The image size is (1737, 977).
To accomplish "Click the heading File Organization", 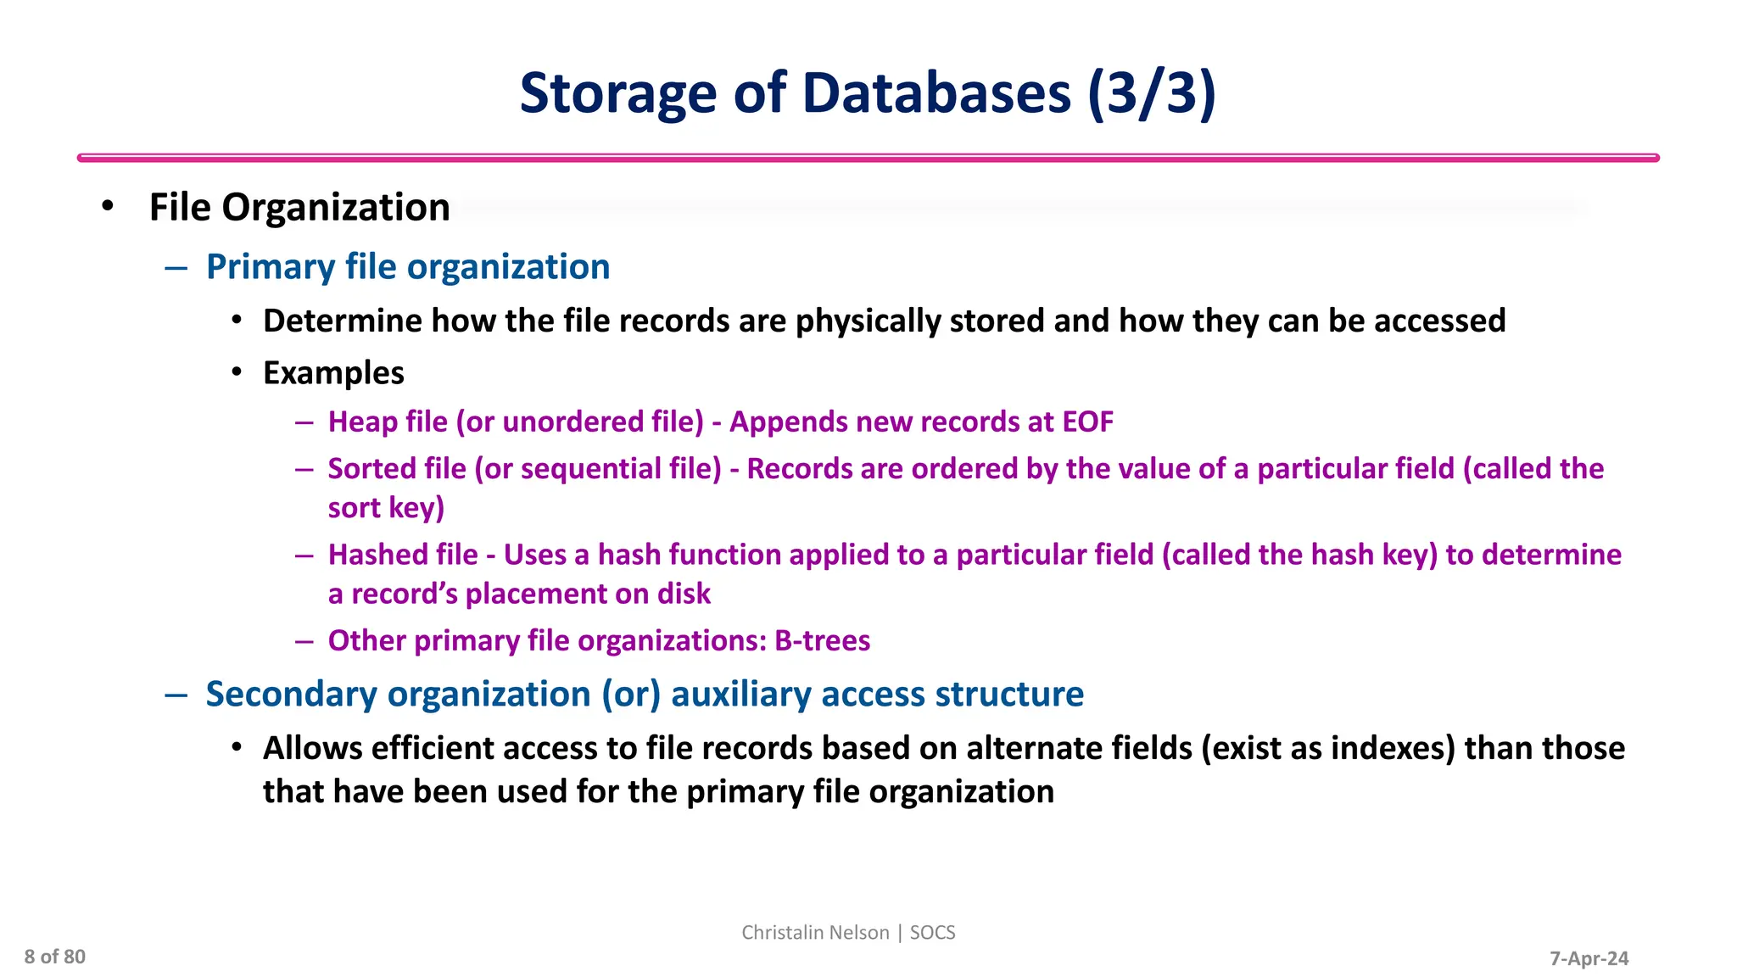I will (299, 208).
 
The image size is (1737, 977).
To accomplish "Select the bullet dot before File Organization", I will (107, 207).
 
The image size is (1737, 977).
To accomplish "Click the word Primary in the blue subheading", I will (271, 267).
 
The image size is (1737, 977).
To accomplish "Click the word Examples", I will (333, 373).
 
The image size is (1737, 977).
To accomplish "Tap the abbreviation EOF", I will (1087, 422).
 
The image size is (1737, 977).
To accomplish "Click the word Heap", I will (362, 422).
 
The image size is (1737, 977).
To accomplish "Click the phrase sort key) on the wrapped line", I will (386, 508).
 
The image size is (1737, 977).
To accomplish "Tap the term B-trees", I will (822, 640).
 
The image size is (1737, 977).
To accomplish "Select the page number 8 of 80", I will (55, 957).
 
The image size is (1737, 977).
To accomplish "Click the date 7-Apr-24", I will (1589, 958).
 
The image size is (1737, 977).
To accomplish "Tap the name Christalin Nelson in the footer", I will (814, 933).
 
